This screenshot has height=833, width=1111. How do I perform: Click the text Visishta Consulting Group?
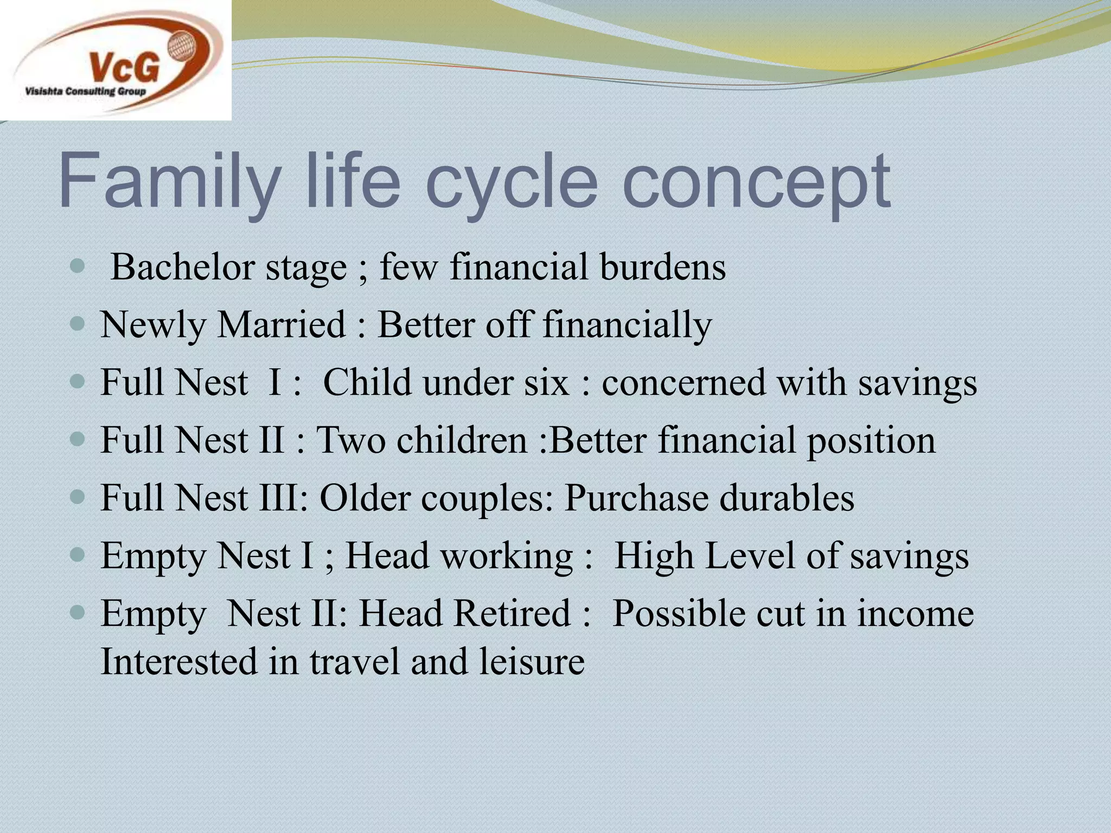click(85, 92)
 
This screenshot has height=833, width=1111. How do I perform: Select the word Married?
click(282, 325)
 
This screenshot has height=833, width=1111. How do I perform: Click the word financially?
click(627, 325)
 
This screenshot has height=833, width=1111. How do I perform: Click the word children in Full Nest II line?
click(462, 440)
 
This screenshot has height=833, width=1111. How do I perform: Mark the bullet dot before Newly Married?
click(78, 325)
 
